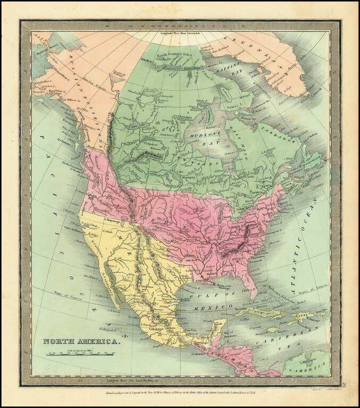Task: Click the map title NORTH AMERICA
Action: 81,342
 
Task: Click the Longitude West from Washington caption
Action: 133,381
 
